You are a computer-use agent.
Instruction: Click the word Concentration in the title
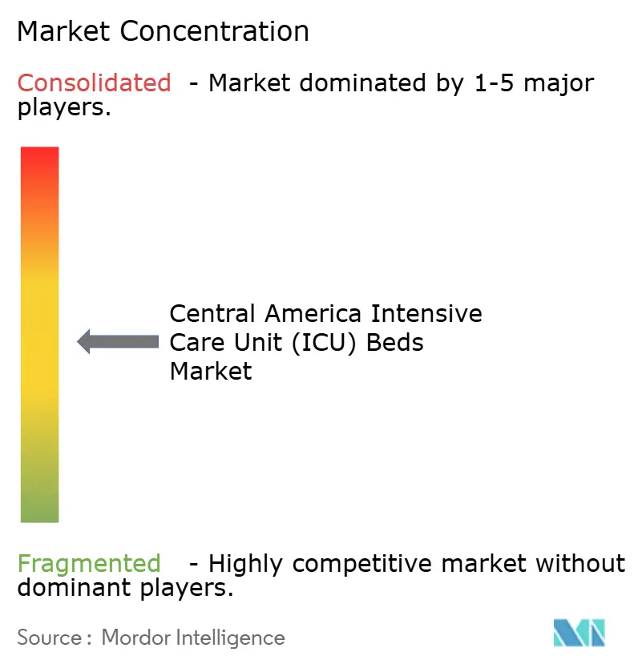tap(214, 31)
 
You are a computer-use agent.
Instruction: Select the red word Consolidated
tap(95, 82)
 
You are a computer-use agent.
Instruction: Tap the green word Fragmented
tap(89, 564)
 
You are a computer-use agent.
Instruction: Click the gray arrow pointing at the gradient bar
tap(118, 342)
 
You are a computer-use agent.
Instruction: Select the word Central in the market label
tap(212, 313)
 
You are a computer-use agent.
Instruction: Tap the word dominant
tap(67, 588)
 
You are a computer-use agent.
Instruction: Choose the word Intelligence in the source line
tap(232, 638)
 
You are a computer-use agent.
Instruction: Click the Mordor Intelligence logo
tap(579, 633)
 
